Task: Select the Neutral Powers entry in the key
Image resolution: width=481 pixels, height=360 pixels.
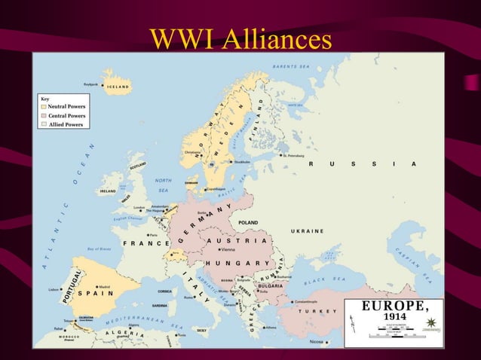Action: pyautogui.click(x=66, y=107)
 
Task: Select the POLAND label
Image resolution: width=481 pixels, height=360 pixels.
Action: pyautogui.click(x=248, y=223)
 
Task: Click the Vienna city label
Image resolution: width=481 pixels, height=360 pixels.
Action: pyautogui.click(x=228, y=249)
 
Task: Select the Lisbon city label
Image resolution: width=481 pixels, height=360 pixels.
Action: pyautogui.click(x=53, y=289)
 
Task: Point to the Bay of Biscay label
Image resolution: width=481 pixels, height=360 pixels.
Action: pyautogui.click(x=100, y=249)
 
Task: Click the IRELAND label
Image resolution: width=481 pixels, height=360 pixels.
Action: pyautogui.click(x=108, y=191)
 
